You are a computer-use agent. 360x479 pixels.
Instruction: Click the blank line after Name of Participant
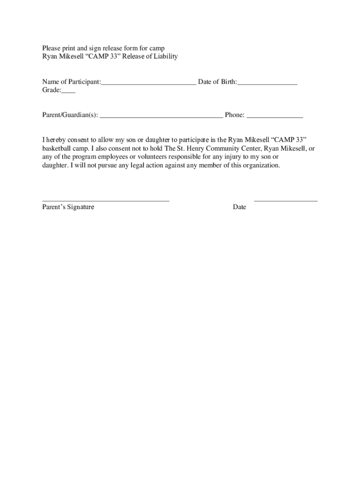coord(149,84)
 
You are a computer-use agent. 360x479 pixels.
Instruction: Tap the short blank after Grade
coord(68,93)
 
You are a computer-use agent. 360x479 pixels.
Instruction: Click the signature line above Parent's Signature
coord(106,200)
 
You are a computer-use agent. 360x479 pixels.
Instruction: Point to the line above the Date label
coord(286,200)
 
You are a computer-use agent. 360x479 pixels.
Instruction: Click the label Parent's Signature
coord(68,207)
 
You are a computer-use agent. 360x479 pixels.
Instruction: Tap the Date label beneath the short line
coord(239,207)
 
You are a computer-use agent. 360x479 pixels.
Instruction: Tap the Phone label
coord(234,115)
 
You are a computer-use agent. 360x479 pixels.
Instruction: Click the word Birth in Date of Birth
coord(227,82)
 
